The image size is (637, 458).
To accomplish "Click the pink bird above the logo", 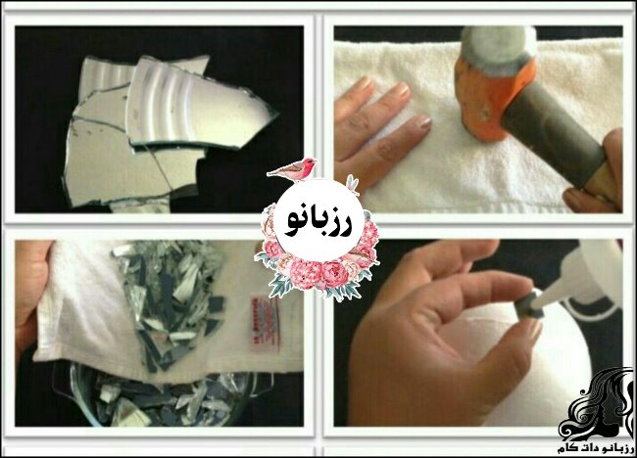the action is (292, 168).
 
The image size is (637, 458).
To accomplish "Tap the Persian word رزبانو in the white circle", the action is (319, 221).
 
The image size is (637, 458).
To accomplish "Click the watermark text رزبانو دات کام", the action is (596, 448).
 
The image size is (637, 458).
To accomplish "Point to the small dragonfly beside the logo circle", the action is (352, 184).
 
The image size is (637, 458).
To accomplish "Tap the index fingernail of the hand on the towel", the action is (402, 90).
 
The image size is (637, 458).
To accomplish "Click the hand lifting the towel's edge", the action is (29, 291).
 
